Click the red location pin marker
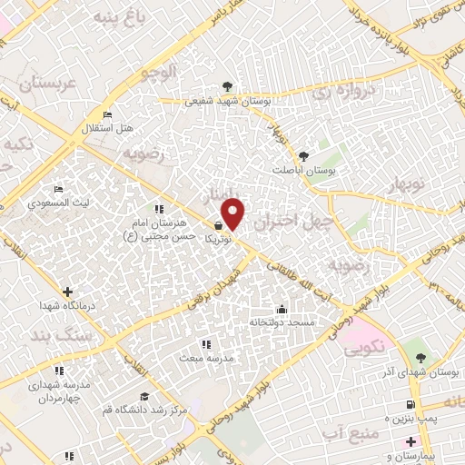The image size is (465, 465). [x=233, y=214]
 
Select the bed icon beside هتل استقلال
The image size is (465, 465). [x=107, y=115]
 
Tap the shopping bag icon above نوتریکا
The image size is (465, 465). [x=219, y=224]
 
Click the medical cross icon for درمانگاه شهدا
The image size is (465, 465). [x=67, y=292]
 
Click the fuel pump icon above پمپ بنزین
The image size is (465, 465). [x=411, y=404]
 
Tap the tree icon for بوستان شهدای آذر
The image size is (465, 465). [x=419, y=358]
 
